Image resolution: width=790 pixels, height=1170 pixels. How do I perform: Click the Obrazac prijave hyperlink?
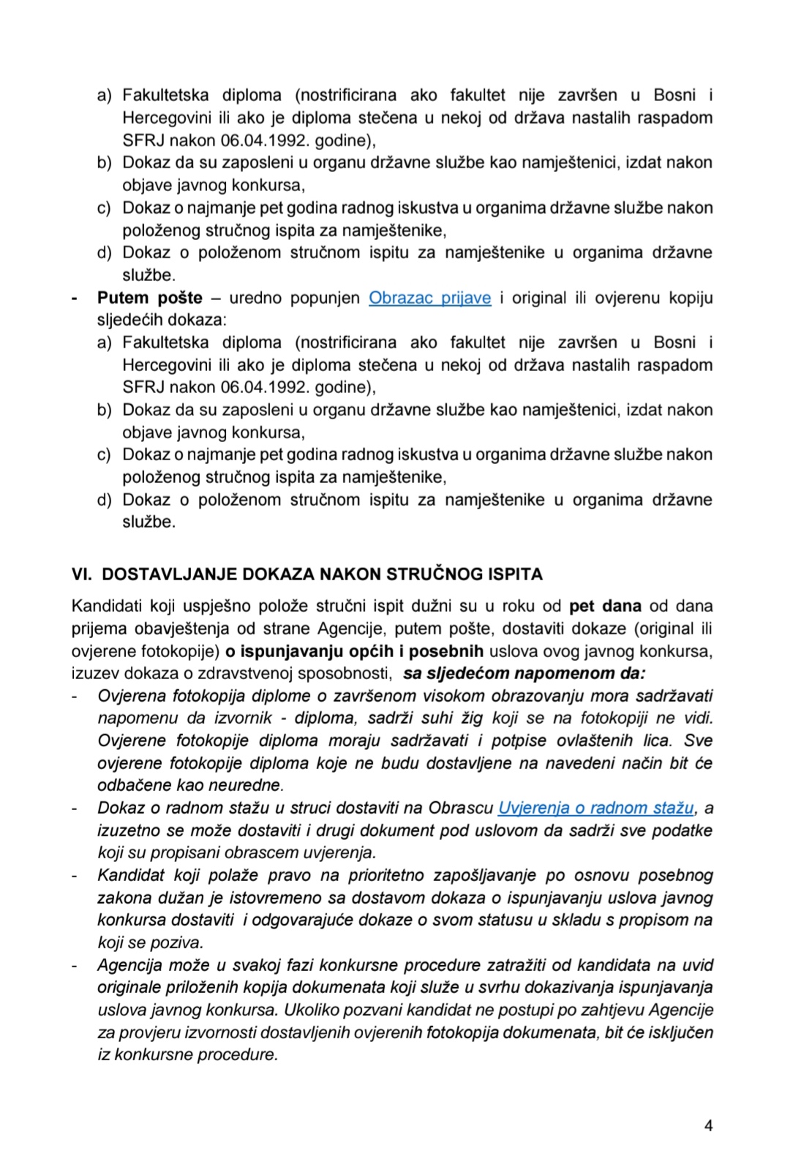coord(429,298)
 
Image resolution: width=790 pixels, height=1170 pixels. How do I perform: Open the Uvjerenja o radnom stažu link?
coord(595,808)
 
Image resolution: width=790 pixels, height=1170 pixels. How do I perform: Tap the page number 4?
coord(708,1126)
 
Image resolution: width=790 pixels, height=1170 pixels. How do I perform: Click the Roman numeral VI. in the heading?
coord(81,574)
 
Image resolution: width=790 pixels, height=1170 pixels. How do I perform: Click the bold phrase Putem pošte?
coord(149,298)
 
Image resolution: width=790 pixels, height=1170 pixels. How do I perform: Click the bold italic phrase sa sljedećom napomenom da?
coord(524,673)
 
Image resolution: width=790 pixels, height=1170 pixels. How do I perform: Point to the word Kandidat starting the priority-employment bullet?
coord(130,875)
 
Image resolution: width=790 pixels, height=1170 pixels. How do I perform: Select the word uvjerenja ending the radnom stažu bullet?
coord(342,852)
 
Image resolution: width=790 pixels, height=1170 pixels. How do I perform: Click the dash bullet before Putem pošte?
coord(75,298)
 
